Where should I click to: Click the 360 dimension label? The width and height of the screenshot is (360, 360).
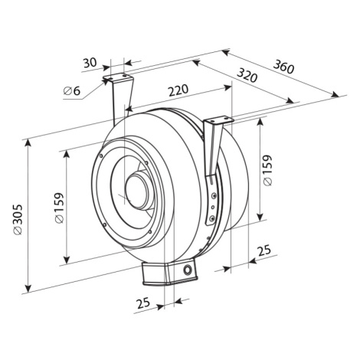click(x=283, y=67)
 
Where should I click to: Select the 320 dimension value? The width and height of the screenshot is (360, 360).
click(x=247, y=76)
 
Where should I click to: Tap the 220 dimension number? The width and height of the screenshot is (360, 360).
click(x=178, y=90)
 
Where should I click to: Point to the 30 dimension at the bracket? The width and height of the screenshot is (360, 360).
click(x=90, y=63)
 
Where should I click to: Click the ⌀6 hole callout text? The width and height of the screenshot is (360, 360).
click(x=72, y=90)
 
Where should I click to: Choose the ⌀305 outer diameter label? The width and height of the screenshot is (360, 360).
click(x=18, y=219)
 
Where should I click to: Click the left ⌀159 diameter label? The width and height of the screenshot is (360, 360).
click(x=59, y=208)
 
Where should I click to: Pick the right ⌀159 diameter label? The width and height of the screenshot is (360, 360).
click(x=267, y=170)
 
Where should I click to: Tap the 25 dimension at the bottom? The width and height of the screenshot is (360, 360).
click(x=143, y=303)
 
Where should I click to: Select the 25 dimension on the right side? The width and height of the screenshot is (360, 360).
click(x=263, y=250)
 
